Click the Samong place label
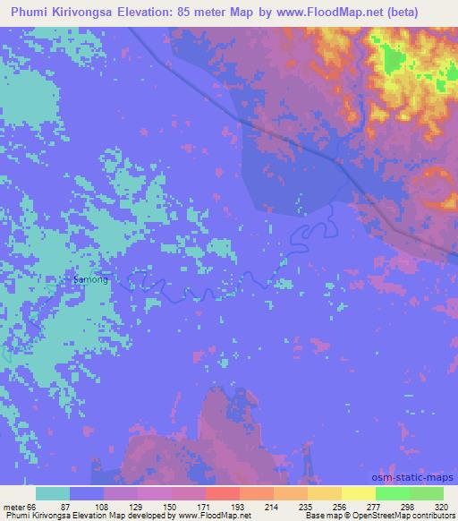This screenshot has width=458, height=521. click(90, 279)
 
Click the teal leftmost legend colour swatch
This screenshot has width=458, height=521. click(52, 493)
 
